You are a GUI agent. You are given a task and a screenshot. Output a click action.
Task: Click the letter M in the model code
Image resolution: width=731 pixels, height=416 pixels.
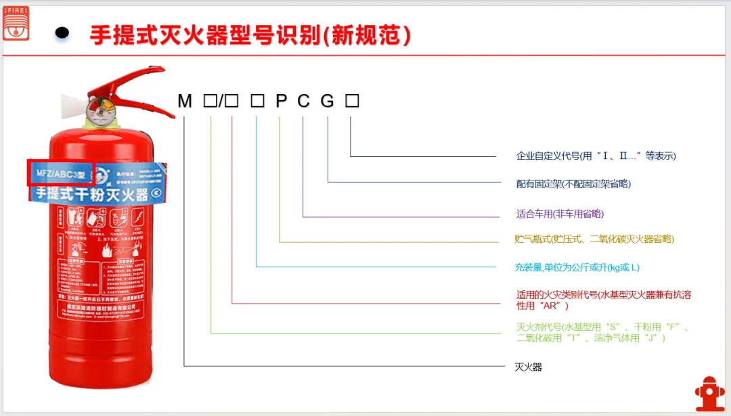click(185, 101)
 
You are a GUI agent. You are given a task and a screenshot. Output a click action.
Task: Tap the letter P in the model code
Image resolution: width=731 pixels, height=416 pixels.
click(281, 101)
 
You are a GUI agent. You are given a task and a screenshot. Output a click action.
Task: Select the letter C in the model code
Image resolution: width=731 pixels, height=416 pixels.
click(304, 101)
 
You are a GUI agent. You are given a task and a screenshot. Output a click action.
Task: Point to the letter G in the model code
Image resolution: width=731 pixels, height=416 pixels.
click(328, 101)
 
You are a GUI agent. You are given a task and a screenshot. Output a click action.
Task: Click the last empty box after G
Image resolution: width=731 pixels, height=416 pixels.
click(352, 101)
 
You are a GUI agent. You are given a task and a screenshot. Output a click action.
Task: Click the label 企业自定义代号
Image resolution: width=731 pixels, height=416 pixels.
click(596, 156)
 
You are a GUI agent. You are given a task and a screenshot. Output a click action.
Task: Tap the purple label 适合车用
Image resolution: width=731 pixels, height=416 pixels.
click(560, 214)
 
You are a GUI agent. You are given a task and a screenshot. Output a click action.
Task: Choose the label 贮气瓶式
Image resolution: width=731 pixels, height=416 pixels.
click(594, 239)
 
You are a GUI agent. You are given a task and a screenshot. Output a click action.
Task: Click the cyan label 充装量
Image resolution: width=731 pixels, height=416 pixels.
click(577, 267)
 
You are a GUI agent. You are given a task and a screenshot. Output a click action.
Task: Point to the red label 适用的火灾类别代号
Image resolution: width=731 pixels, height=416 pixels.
click(603, 300)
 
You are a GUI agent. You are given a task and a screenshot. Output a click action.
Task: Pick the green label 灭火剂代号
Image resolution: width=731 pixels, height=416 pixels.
click(602, 332)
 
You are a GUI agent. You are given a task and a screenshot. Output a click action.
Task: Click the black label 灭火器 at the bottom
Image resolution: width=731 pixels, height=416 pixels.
click(529, 367)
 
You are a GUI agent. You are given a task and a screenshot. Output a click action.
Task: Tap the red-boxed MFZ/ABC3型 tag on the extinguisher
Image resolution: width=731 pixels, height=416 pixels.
click(60, 172)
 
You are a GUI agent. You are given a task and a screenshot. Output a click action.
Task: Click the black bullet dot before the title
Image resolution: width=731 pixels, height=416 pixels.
click(62, 33)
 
